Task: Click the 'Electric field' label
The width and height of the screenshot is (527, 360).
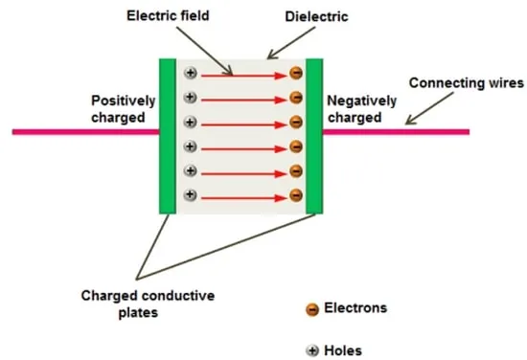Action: pyautogui.click(x=168, y=15)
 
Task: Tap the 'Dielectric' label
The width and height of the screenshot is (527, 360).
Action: pyautogui.click(x=316, y=16)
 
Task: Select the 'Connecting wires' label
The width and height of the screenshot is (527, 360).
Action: pyautogui.click(x=467, y=83)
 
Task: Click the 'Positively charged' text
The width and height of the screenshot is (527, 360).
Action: pyautogui.click(x=123, y=109)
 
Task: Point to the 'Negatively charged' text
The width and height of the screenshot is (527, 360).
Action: pyautogui.click(x=362, y=109)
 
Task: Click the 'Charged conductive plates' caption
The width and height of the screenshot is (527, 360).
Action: pyautogui.click(x=148, y=304)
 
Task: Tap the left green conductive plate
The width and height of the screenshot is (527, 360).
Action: pyautogui.click(x=168, y=136)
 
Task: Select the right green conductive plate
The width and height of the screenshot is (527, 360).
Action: pyautogui.click(x=314, y=136)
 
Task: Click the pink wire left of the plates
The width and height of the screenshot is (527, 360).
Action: pyautogui.click(x=85, y=132)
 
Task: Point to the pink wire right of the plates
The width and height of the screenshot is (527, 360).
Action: pyautogui.click(x=397, y=132)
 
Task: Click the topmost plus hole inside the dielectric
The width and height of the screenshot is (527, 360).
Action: pyautogui.click(x=191, y=73)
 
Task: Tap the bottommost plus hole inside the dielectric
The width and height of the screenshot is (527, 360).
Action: pyautogui.click(x=191, y=194)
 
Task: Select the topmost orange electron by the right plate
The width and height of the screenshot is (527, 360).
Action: pyautogui.click(x=296, y=73)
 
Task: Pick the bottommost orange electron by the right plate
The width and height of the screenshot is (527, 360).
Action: pyautogui.click(x=296, y=195)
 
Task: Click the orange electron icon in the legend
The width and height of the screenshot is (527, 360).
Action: pyautogui.click(x=312, y=309)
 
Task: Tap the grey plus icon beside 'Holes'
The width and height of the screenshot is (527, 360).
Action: pyautogui.click(x=312, y=350)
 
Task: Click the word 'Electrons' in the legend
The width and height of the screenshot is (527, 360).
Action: pyautogui.click(x=355, y=308)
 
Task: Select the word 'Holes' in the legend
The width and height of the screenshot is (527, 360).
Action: pyautogui.click(x=343, y=350)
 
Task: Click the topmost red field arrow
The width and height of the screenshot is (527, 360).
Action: pyautogui.click(x=244, y=76)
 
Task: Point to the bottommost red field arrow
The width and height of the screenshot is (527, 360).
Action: pyautogui.click(x=244, y=198)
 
